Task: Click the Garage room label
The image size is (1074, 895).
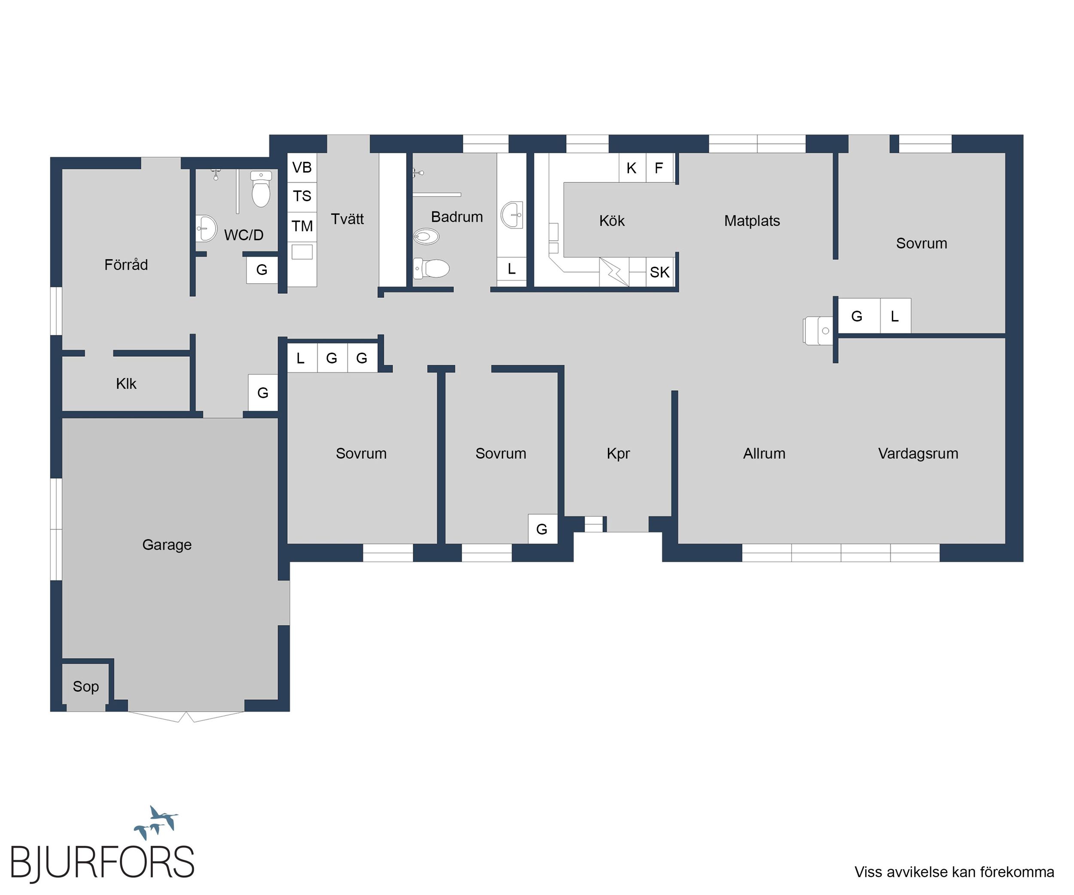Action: coord(167,545)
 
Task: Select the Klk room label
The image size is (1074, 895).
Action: coord(126,384)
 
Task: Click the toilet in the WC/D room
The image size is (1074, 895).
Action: coord(261,189)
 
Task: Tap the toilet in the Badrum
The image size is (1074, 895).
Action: coord(431,269)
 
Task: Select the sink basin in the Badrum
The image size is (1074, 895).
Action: coord(512,215)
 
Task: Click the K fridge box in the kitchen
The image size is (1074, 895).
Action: coord(632,168)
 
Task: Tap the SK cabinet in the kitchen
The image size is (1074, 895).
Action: coord(660,272)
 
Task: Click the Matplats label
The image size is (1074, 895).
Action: coord(752,221)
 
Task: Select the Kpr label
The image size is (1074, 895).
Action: coord(618,454)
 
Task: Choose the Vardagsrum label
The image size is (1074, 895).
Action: coord(918,454)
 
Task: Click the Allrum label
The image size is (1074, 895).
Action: coord(764,454)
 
